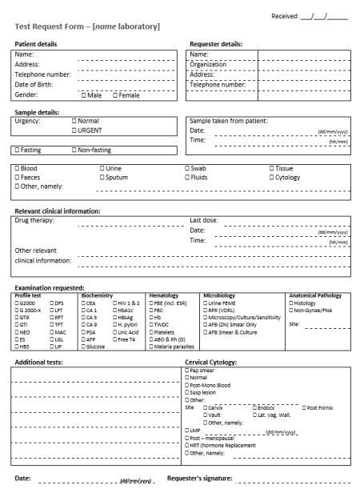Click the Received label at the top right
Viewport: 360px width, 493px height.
[x=285, y=15]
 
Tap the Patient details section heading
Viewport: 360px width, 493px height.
[x=35, y=44]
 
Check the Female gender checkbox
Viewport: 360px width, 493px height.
[x=114, y=95]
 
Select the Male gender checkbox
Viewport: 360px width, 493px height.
[x=84, y=95]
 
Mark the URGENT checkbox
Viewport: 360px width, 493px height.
[x=74, y=130]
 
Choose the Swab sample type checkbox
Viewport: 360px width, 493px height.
[x=187, y=169]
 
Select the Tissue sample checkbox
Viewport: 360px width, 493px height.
[x=271, y=169]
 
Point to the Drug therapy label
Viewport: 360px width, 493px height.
[x=34, y=220]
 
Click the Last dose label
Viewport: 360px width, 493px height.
[x=203, y=220]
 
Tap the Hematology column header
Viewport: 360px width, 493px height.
[x=163, y=295]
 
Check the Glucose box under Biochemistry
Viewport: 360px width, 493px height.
[x=83, y=347]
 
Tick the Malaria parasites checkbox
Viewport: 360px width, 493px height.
[x=151, y=347]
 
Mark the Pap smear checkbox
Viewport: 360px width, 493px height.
[x=186, y=371]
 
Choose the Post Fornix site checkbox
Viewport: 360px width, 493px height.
[x=303, y=407]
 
